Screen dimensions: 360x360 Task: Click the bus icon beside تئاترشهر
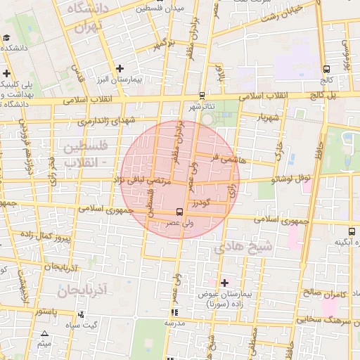tap(202, 95)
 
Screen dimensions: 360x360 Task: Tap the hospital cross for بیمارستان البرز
tap(120, 69)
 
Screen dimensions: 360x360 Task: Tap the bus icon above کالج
tap(326, 69)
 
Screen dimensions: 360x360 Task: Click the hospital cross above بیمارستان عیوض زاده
tap(224, 283)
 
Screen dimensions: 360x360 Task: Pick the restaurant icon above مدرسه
tap(174, 312)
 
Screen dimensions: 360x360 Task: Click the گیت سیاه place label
tap(99, 325)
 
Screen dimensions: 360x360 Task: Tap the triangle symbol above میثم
tap(45, 334)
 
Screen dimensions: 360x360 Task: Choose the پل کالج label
tap(331, 94)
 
